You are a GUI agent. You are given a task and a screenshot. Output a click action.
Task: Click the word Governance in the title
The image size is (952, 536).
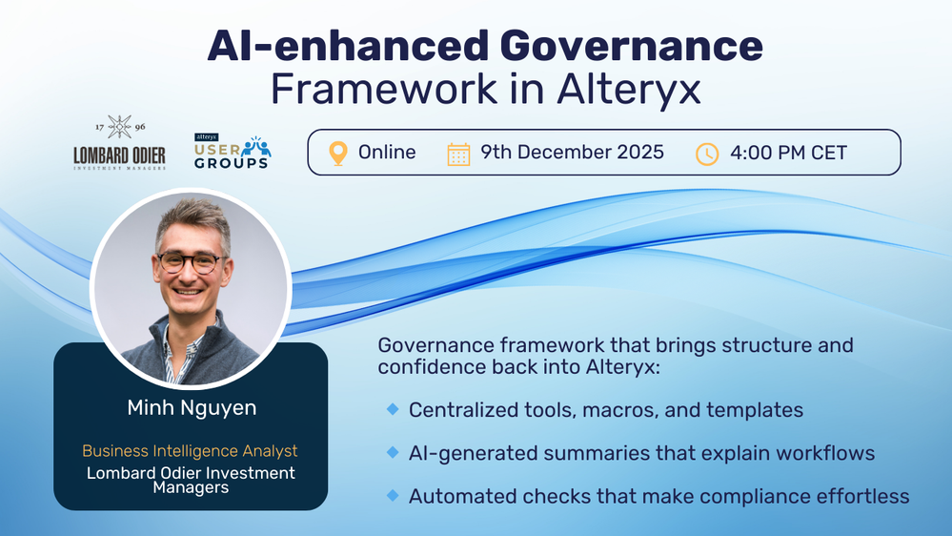click(632, 46)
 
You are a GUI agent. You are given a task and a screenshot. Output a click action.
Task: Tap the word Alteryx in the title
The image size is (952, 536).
click(629, 90)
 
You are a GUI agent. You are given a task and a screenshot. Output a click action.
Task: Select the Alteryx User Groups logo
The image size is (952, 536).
click(233, 152)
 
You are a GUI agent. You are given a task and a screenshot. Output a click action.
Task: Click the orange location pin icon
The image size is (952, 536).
click(338, 154)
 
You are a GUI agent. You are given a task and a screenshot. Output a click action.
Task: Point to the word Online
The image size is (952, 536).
click(387, 152)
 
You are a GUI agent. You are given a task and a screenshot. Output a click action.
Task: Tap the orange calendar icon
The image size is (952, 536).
click(458, 154)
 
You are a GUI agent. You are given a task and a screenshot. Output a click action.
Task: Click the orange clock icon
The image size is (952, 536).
click(707, 154)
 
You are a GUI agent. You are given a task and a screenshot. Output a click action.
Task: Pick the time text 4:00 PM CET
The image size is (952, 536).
click(788, 153)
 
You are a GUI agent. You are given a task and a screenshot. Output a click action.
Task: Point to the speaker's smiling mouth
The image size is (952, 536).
click(189, 292)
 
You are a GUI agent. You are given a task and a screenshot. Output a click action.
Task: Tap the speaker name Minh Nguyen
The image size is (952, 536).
click(192, 407)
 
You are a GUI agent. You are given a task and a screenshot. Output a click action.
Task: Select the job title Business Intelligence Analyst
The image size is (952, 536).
click(190, 450)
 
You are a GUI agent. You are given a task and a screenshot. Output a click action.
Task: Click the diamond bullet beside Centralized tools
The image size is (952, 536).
click(393, 409)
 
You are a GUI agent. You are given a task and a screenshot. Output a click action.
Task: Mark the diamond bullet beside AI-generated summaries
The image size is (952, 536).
click(393, 452)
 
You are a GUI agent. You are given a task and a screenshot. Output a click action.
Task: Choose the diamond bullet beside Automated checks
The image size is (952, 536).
click(393, 495)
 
